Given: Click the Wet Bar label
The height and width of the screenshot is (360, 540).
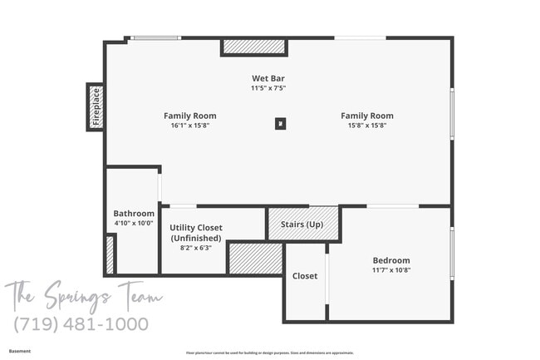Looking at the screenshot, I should [x=268, y=78].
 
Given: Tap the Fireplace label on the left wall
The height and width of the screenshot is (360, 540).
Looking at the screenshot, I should [x=96, y=106].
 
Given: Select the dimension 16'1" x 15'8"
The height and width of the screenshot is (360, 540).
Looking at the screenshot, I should [x=189, y=126].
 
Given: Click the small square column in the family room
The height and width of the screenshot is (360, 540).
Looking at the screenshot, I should [x=281, y=124].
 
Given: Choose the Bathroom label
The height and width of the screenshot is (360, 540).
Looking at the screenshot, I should [x=134, y=214].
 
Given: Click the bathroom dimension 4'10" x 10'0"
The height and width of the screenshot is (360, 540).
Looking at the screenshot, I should [x=134, y=223].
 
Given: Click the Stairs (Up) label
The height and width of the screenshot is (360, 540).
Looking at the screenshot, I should [x=302, y=224].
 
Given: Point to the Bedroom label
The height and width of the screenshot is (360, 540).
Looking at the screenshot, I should [x=390, y=260].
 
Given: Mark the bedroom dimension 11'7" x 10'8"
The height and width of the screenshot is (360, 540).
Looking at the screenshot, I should [x=390, y=269].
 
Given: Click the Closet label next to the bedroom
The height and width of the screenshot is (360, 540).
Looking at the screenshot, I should [x=305, y=276].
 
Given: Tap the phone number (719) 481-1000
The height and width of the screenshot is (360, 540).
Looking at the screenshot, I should [x=81, y=323].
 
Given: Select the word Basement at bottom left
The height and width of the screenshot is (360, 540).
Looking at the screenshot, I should [x=20, y=351].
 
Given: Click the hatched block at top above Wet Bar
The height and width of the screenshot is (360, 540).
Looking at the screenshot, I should [x=254, y=47].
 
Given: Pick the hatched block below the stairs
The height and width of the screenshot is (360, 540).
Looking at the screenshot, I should [x=255, y=259].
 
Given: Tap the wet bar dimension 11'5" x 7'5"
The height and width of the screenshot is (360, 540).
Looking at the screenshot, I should [x=268, y=87].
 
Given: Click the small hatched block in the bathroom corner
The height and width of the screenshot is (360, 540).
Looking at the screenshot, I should [x=110, y=255].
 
